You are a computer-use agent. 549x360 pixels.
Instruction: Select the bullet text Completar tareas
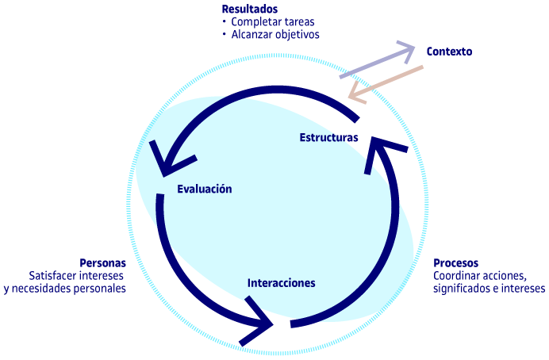(270, 21)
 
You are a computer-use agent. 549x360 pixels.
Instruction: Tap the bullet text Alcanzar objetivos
(275, 34)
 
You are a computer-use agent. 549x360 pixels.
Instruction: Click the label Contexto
(449, 52)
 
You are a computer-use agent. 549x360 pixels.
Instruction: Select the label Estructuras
(328, 137)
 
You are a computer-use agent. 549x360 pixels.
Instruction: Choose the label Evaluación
(205, 189)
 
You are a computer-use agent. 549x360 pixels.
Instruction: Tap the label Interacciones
(281, 283)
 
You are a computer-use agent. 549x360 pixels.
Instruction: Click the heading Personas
(102, 262)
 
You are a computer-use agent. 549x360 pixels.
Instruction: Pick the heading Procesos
(455, 262)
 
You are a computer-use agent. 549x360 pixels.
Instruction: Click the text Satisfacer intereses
(77, 275)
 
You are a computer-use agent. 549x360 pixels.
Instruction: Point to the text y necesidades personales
(65, 289)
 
